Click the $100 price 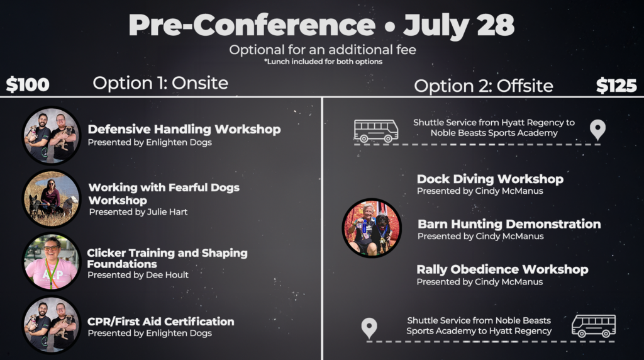click(28, 85)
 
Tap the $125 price click(616, 86)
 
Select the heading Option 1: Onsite click(160, 83)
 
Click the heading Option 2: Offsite click(484, 86)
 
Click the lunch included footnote click(323, 62)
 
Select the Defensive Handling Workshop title click(184, 129)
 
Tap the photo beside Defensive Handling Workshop click(52, 135)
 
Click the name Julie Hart click(167, 211)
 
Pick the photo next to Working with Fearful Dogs click(52, 199)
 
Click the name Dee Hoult click(167, 275)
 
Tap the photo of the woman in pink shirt click(52, 262)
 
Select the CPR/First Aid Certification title click(160, 322)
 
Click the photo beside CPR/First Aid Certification click(52, 325)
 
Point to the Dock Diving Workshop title click(490, 179)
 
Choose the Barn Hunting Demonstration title click(509, 224)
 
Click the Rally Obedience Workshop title click(502, 269)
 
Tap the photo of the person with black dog click(372, 228)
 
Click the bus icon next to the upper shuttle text click(376, 131)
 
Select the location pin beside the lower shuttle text click(369, 328)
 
